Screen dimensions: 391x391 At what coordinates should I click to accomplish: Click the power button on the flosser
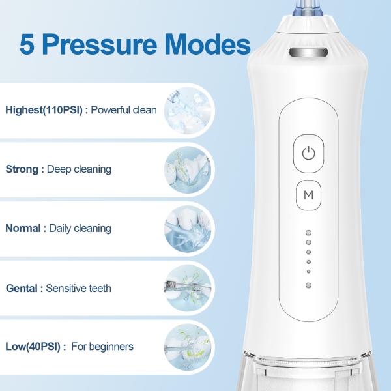pos(308,153)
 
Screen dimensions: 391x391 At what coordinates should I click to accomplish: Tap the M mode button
pos(308,195)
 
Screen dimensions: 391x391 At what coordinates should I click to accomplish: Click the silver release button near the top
pos(308,53)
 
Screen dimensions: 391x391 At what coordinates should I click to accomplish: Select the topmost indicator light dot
pos(308,233)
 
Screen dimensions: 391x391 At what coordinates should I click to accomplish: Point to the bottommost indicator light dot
pos(308,285)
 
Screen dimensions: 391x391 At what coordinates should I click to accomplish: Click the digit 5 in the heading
pos(27,45)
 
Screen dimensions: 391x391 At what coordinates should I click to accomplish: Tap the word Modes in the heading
pos(207,44)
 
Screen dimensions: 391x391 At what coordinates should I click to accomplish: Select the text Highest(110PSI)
pos(44,110)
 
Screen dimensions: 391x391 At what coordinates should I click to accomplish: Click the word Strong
pos(22,169)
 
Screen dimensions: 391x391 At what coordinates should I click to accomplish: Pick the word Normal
pos(23,228)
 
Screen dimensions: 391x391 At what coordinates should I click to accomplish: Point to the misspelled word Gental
pos(22,288)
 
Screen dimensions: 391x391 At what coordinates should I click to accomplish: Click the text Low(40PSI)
pos(33,347)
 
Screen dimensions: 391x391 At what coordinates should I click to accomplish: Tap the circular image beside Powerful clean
pos(188,111)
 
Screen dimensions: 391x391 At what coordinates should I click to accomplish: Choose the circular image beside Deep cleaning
pos(188,170)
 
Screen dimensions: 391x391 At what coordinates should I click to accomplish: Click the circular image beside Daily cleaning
pos(188,229)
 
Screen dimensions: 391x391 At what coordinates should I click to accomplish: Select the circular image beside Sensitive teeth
pos(188,288)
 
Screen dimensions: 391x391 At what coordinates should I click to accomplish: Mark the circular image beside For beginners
pos(188,347)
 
